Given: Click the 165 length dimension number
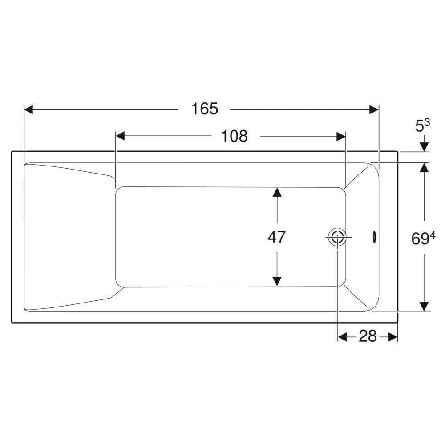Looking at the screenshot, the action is click(205, 109).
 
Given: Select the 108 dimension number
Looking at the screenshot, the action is click(234, 136).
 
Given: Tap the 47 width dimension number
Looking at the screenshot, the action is click(277, 237).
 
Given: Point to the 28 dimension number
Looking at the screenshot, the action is click(368, 336).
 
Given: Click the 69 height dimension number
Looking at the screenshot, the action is click(420, 239).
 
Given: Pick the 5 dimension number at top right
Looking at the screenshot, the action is click(420, 127).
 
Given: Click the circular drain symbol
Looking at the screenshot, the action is click(338, 237).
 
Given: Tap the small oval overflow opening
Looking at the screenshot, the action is click(375, 237).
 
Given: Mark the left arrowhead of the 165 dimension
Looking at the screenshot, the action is click(28, 109).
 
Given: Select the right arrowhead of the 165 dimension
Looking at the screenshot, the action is click(374, 109).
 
